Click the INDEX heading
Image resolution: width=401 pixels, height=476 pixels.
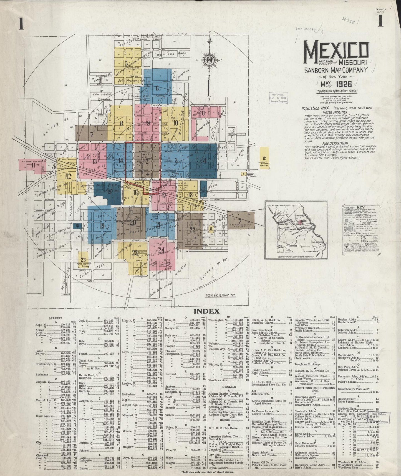[207, 311]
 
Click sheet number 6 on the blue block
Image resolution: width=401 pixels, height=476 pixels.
[157, 88]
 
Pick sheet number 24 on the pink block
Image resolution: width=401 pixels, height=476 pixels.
[162, 250]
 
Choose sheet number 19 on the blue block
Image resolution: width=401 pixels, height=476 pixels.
[102, 226]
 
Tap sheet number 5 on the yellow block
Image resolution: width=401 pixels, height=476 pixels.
[127, 63]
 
